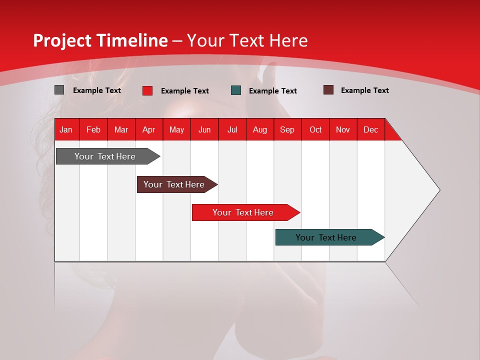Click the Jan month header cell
coord(66,129)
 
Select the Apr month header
coord(148,129)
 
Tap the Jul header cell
coord(232,129)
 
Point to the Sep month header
coord(287,129)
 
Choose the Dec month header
coord(370,129)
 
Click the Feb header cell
coord(93,129)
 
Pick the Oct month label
coord(315,129)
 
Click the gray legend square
coord(59,90)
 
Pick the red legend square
coord(147,90)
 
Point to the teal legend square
coord(236,90)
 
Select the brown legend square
coord(328,90)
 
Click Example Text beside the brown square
coord(364,90)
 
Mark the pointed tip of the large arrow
coord(439,190)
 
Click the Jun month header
coord(204,129)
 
